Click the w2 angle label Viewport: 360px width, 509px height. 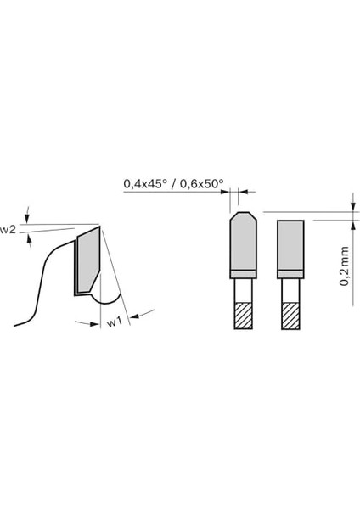coord(8,230)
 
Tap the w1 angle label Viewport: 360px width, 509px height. coord(111,322)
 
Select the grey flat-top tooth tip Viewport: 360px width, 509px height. coord(290,245)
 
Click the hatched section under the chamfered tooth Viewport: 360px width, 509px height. coord(242,316)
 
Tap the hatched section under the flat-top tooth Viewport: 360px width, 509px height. coord(290,316)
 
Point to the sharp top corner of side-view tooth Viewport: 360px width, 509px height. coord(101,226)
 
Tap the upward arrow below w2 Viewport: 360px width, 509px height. coord(31,239)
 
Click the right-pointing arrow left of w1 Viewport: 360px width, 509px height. coord(85,322)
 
